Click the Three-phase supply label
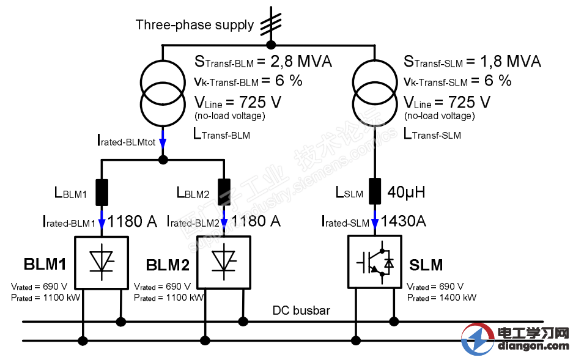[194, 25]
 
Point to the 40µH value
[406, 193]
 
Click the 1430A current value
[404, 221]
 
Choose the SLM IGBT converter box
[374, 262]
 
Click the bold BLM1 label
[45, 265]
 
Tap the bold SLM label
[426, 265]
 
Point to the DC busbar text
[301, 310]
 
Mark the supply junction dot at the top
[272, 44]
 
